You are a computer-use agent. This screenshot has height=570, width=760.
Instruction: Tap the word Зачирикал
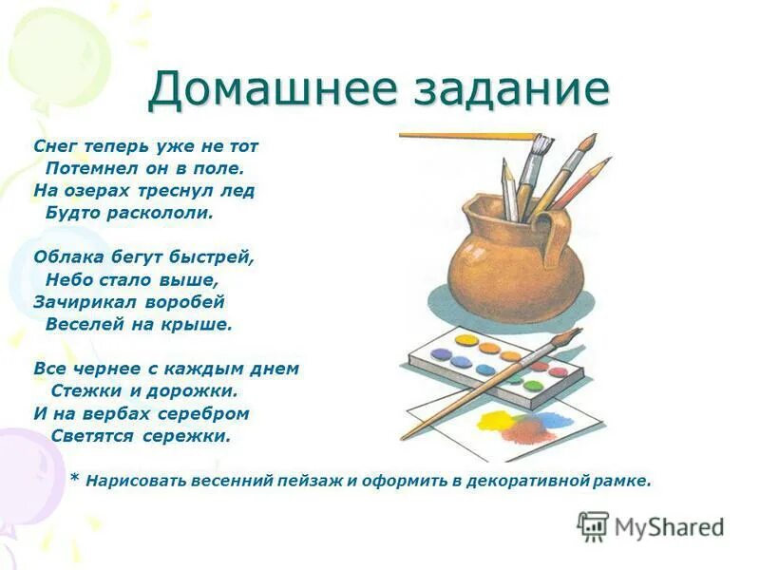click(81, 301)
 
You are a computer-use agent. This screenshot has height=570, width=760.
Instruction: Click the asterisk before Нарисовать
click(74, 478)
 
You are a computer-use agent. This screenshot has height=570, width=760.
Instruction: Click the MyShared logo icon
click(594, 525)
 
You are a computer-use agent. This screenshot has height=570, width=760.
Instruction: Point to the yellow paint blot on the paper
click(494, 419)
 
